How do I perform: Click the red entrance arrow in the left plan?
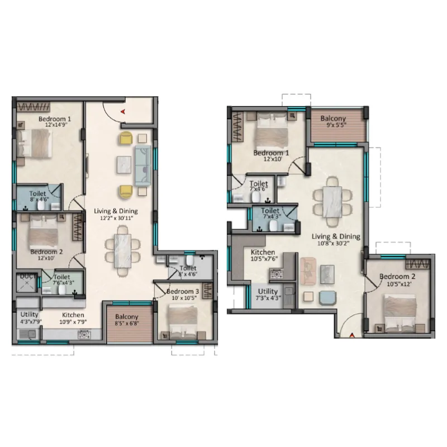[123, 111]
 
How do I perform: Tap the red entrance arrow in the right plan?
[352, 335]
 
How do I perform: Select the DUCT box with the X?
[26, 283]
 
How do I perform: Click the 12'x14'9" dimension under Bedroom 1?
[56, 125]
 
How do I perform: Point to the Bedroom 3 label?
[183, 291]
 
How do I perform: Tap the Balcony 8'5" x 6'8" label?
[127, 320]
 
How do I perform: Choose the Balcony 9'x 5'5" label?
[333, 121]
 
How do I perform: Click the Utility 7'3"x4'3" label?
[268, 294]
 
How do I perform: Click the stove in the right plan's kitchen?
[276, 274]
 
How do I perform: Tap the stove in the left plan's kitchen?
[84, 334]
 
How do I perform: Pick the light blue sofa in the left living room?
[143, 165]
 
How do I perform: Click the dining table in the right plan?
[332, 202]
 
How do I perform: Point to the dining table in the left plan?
[122, 251]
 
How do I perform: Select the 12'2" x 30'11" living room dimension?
[117, 218]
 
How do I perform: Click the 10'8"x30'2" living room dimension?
[334, 243]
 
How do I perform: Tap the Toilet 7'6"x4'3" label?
[63, 280]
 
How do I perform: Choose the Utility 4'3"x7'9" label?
[31, 318]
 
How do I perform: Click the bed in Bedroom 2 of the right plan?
[400, 313]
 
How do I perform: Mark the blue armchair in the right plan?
[328, 298]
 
